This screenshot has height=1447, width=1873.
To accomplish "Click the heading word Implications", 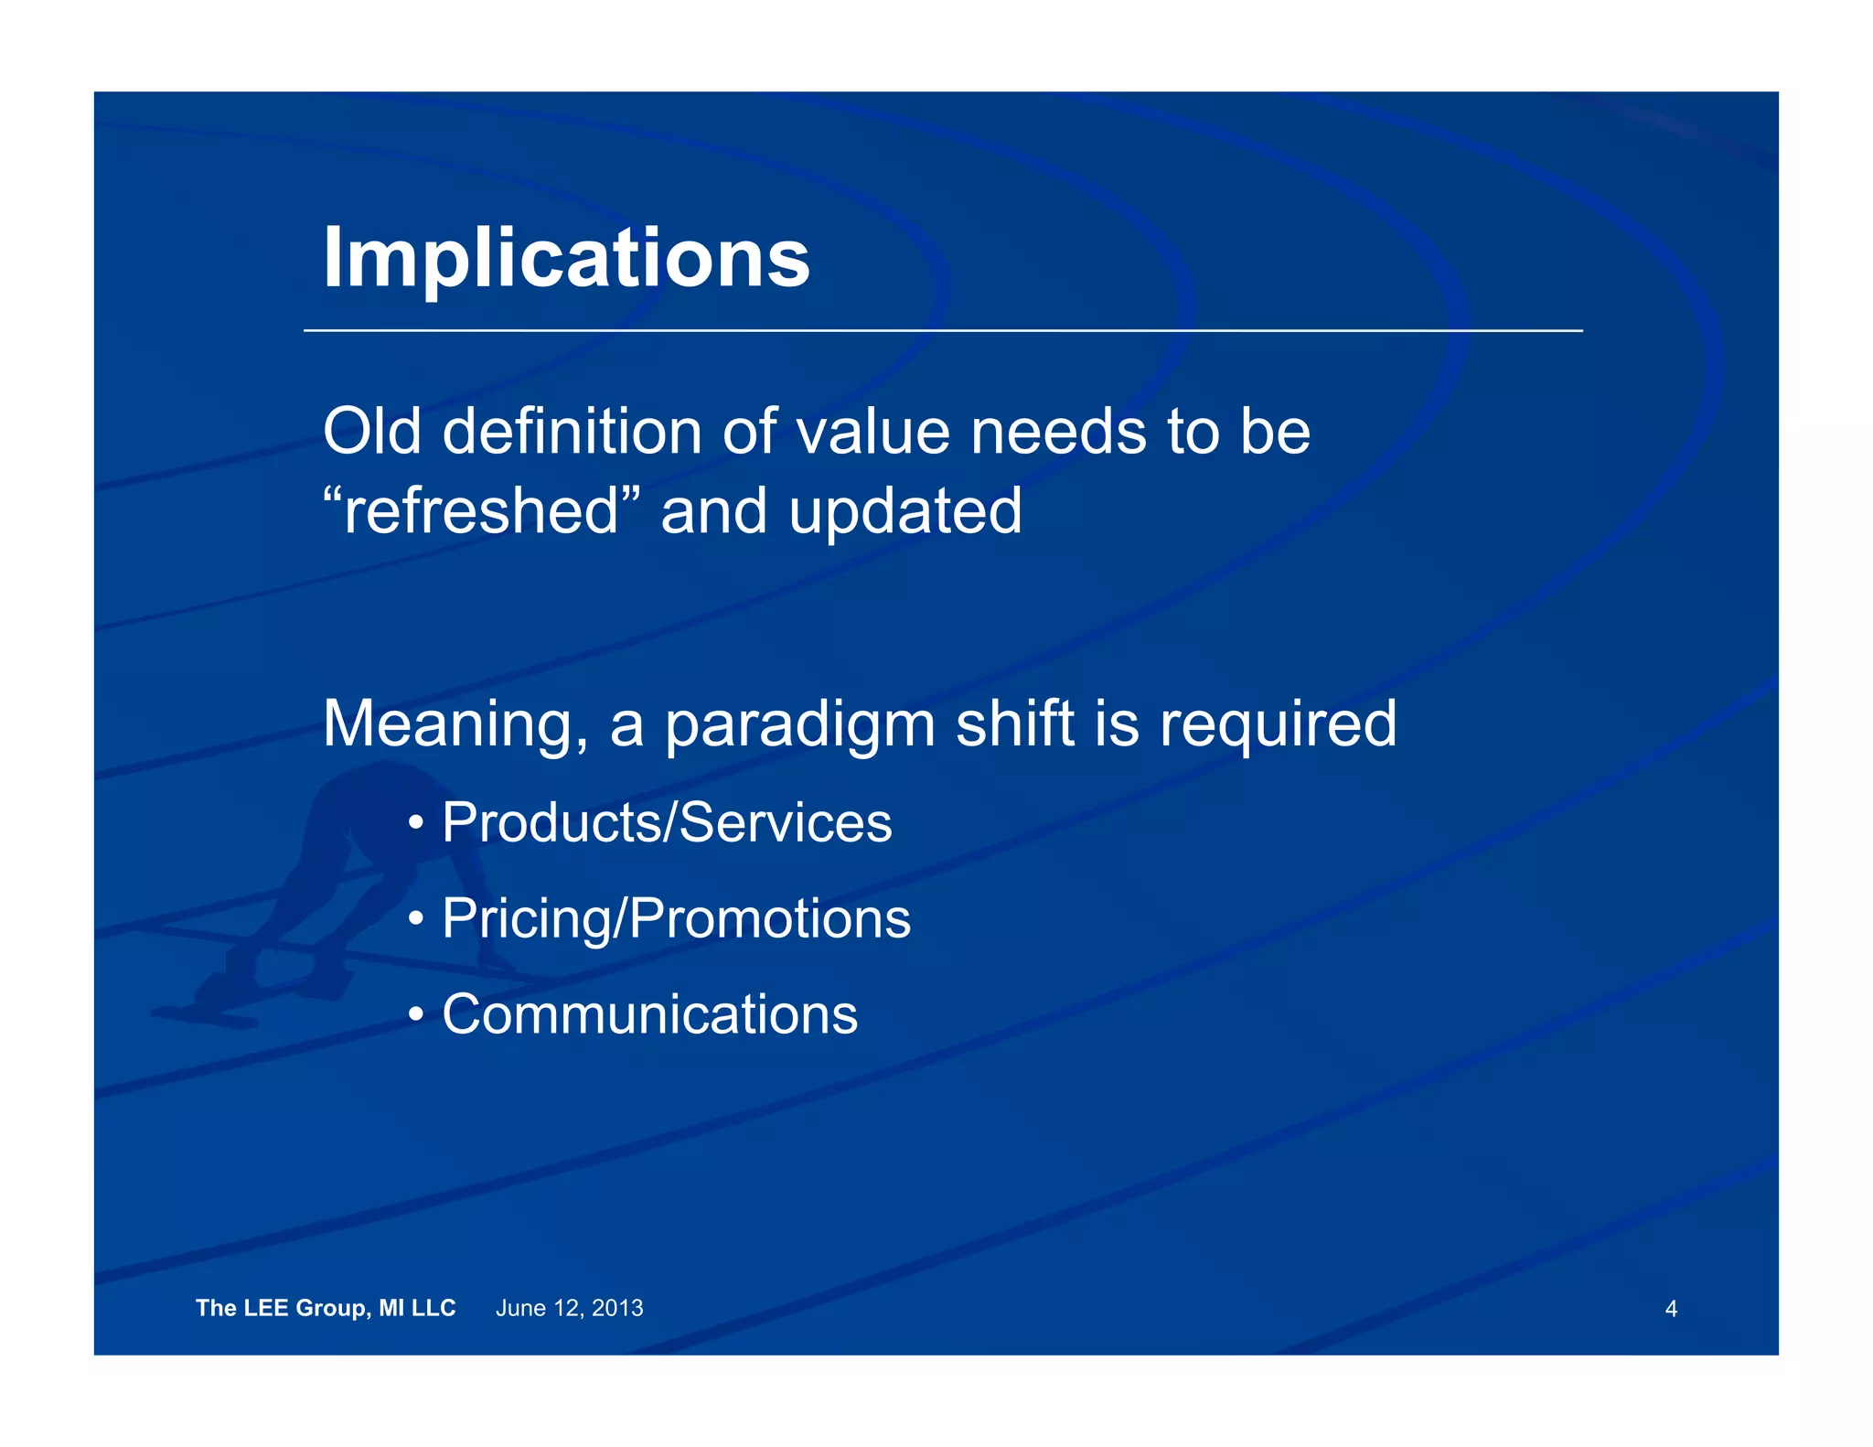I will [x=566, y=259].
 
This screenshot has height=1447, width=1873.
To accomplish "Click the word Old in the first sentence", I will [x=371, y=431].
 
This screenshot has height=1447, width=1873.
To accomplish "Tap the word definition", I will [x=572, y=431].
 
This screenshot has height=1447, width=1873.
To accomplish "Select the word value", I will [x=872, y=433].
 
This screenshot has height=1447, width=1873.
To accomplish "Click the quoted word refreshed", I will [x=481, y=510].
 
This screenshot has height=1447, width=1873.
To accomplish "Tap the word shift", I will [x=1014, y=723].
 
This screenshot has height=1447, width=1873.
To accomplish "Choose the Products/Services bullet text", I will [x=667, y=822].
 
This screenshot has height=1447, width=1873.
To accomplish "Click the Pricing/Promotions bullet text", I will [x=676, y=918].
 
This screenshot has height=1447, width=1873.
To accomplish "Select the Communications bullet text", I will [x=649, y=1014].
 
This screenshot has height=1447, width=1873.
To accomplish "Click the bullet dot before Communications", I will [x=416, y=1015].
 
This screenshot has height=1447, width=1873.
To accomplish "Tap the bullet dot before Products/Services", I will [x=416, y=823].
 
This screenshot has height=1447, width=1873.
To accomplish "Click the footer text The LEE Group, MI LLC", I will [x=326, y=1308].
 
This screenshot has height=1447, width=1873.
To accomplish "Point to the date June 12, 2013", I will [x=569, y=1308].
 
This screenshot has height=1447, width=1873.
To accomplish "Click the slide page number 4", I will [x=1671, y=1309].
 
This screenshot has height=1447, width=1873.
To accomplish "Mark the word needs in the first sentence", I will [x=1058, y=431].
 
